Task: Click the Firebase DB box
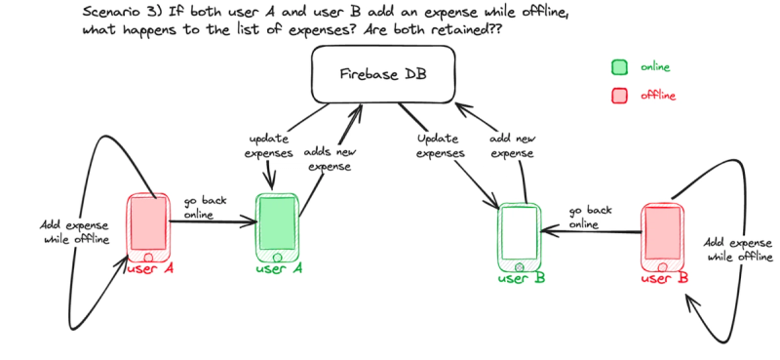click(383, 75)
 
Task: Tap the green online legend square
click(618, 67)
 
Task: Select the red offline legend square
click(618, 96)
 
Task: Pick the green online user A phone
click(276, 227)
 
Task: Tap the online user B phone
click(519, 237)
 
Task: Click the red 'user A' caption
click(151, 269)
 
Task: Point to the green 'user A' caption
click(279, 269)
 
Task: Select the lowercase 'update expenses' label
click(269, 147)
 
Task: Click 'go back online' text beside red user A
click(205, 208)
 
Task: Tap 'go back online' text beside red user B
click(590, 217)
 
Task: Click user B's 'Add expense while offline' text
click(738, 249)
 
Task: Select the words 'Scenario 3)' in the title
click(113, 13)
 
